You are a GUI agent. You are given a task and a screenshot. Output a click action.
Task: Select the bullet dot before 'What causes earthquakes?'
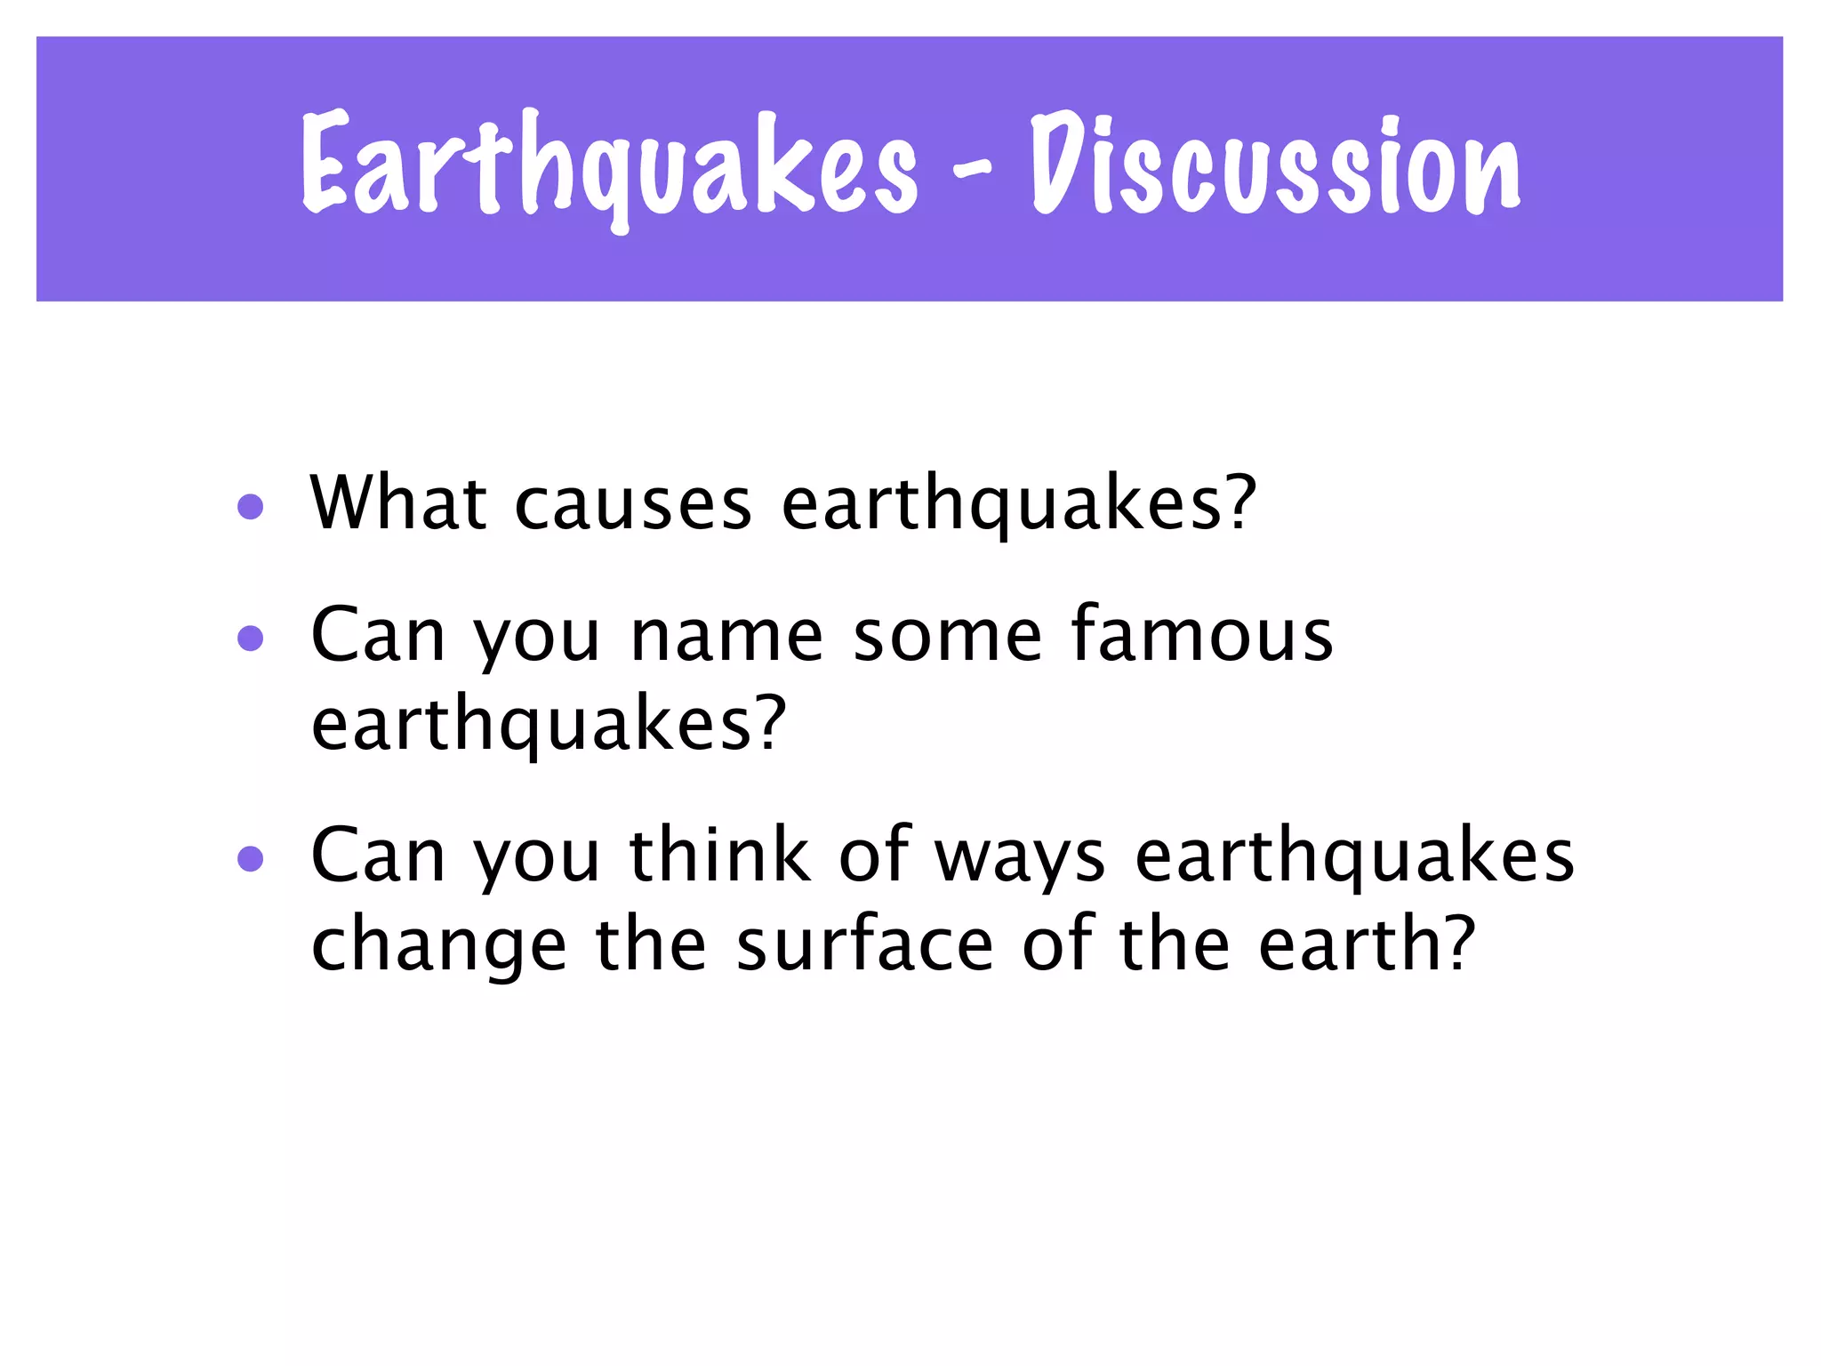(251, 507)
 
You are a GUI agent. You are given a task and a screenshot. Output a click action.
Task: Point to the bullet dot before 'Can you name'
(251, 639)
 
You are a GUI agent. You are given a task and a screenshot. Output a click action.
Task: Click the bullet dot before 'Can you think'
(251, 858)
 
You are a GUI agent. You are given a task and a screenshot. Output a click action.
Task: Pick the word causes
(633, 505)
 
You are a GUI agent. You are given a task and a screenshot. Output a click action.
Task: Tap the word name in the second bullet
(726, 637)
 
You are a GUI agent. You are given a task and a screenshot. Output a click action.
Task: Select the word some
(947, 637)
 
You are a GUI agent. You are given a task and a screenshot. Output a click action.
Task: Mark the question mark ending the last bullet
(1458, 943)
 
